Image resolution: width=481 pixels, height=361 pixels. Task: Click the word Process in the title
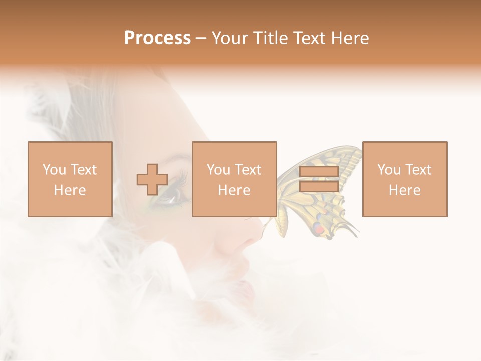[157, 38]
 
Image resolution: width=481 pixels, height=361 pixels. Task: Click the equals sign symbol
[319, 179]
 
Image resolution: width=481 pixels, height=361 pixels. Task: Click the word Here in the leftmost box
[70, 190]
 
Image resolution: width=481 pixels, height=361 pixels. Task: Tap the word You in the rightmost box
[388, 170]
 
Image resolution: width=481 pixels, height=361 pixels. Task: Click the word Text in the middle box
[249, 170]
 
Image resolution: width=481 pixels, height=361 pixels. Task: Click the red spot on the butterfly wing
[319, 229]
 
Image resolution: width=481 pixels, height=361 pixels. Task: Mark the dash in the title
[201, 38]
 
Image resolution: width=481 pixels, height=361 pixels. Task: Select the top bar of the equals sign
[319, 172]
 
